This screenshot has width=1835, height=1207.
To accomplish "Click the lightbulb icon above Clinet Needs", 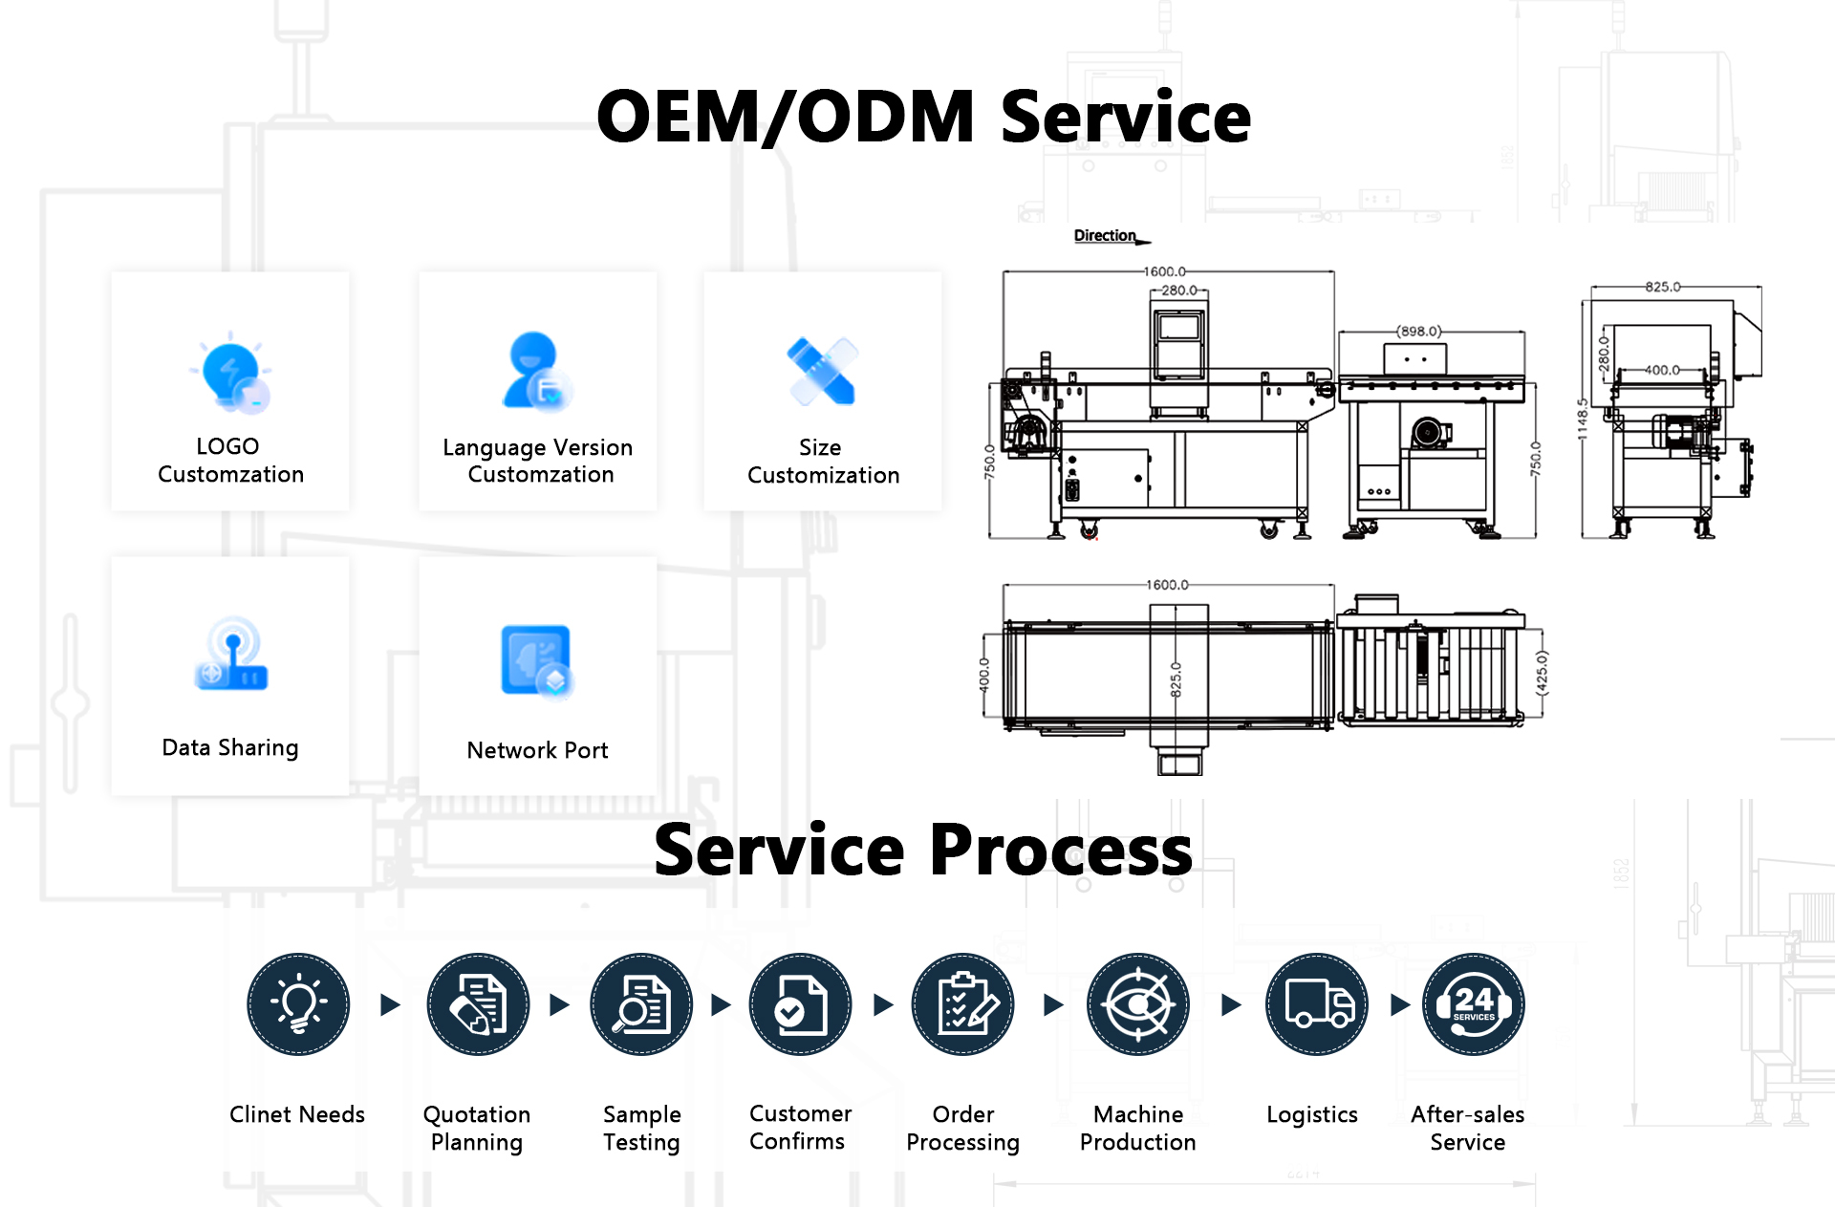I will click(298, 1004).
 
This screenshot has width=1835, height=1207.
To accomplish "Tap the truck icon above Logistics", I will click(1317, 1004).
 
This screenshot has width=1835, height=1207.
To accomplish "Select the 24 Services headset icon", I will click(1473, 1004).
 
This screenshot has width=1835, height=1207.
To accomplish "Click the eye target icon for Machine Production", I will click(1137, 1004).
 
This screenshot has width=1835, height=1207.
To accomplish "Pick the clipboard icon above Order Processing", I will click(963, 1004).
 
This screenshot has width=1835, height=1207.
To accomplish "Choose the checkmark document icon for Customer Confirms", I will click(800, 1004).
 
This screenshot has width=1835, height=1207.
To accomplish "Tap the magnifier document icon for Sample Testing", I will click(641, 1004).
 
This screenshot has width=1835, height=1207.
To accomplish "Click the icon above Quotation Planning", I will click(478, 1004).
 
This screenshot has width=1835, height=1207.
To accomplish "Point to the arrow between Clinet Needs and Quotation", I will click(390, 1004).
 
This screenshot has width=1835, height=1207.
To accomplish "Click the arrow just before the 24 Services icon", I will click(1400, 1004).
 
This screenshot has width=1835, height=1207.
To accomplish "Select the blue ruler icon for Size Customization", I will click(821, 372).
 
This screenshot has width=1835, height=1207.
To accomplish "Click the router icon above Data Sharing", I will click(232, 656).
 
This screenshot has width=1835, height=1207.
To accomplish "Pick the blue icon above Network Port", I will click(536, 660).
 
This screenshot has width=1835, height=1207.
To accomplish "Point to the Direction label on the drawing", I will click(1105, 235).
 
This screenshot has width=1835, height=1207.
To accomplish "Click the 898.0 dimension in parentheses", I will click(1419, 332).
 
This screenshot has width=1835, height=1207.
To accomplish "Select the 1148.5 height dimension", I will click(1583, 419).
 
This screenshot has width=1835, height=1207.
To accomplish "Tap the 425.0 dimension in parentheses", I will click(1541, 672).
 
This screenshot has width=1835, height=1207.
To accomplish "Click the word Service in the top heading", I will click(1126, 117).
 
